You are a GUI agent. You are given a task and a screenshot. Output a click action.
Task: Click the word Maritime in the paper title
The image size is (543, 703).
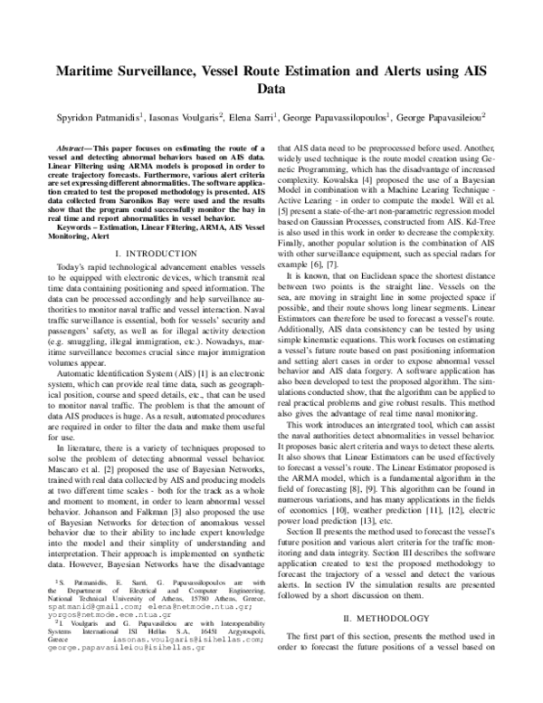[88, 73]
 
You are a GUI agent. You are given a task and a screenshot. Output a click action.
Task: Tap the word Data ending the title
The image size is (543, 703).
[271, 91]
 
